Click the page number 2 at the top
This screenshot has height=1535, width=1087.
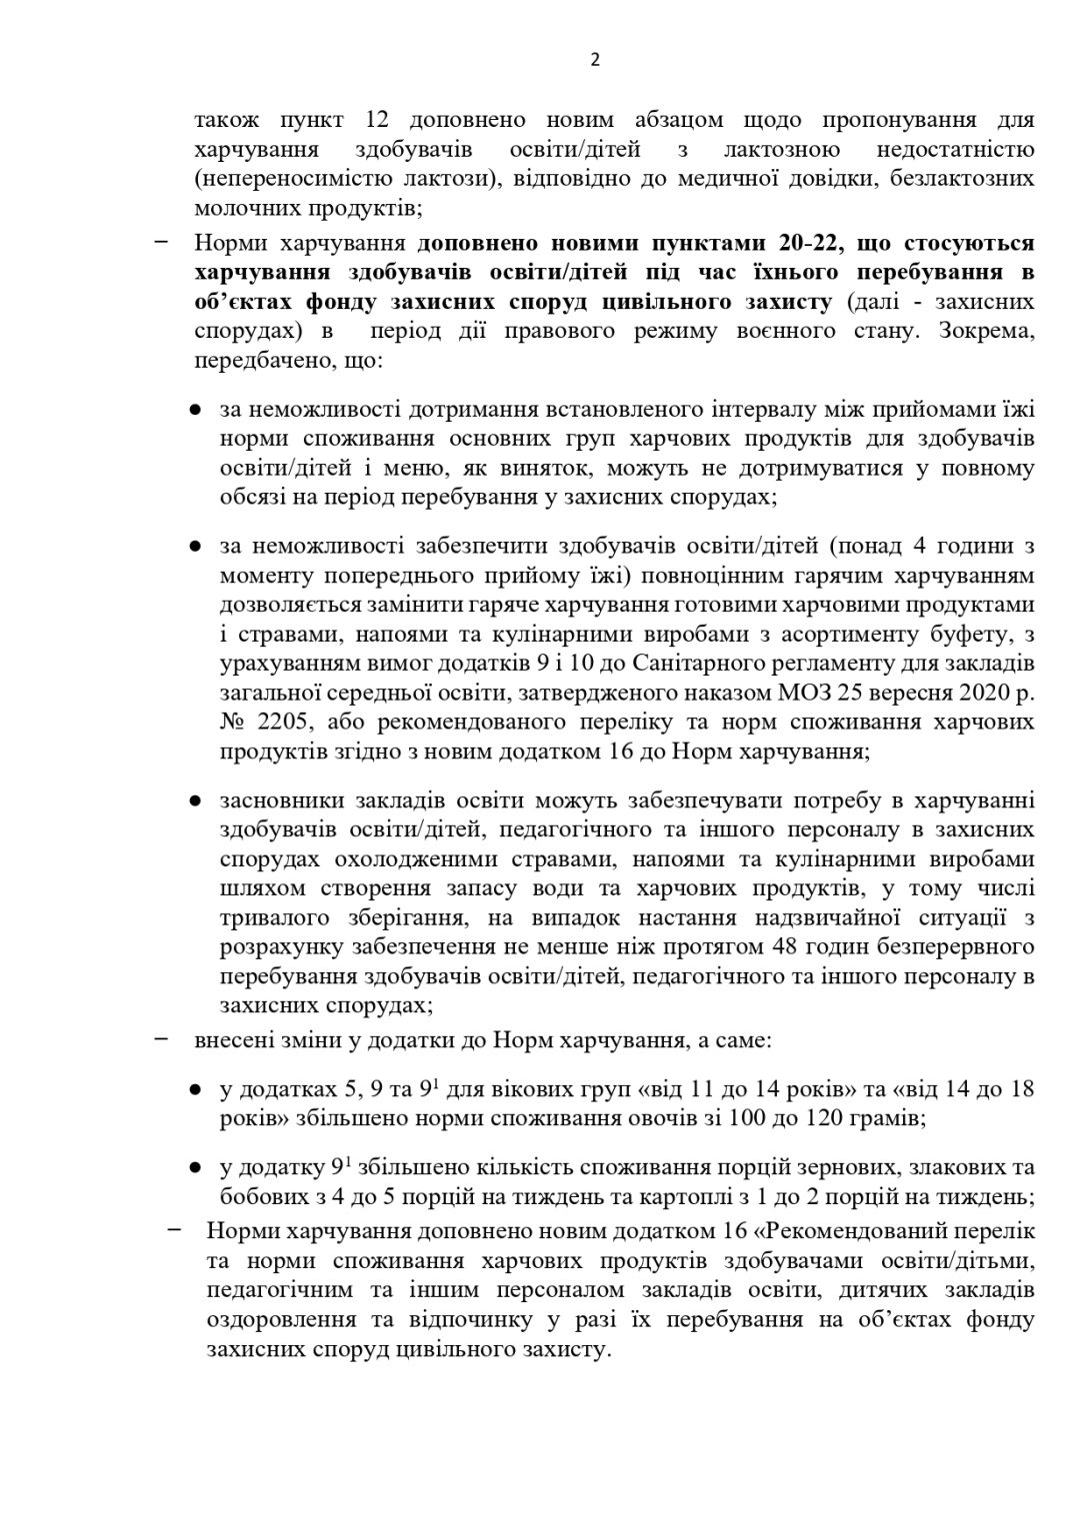(595, 60)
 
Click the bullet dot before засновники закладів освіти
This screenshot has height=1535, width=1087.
(198, 801)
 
